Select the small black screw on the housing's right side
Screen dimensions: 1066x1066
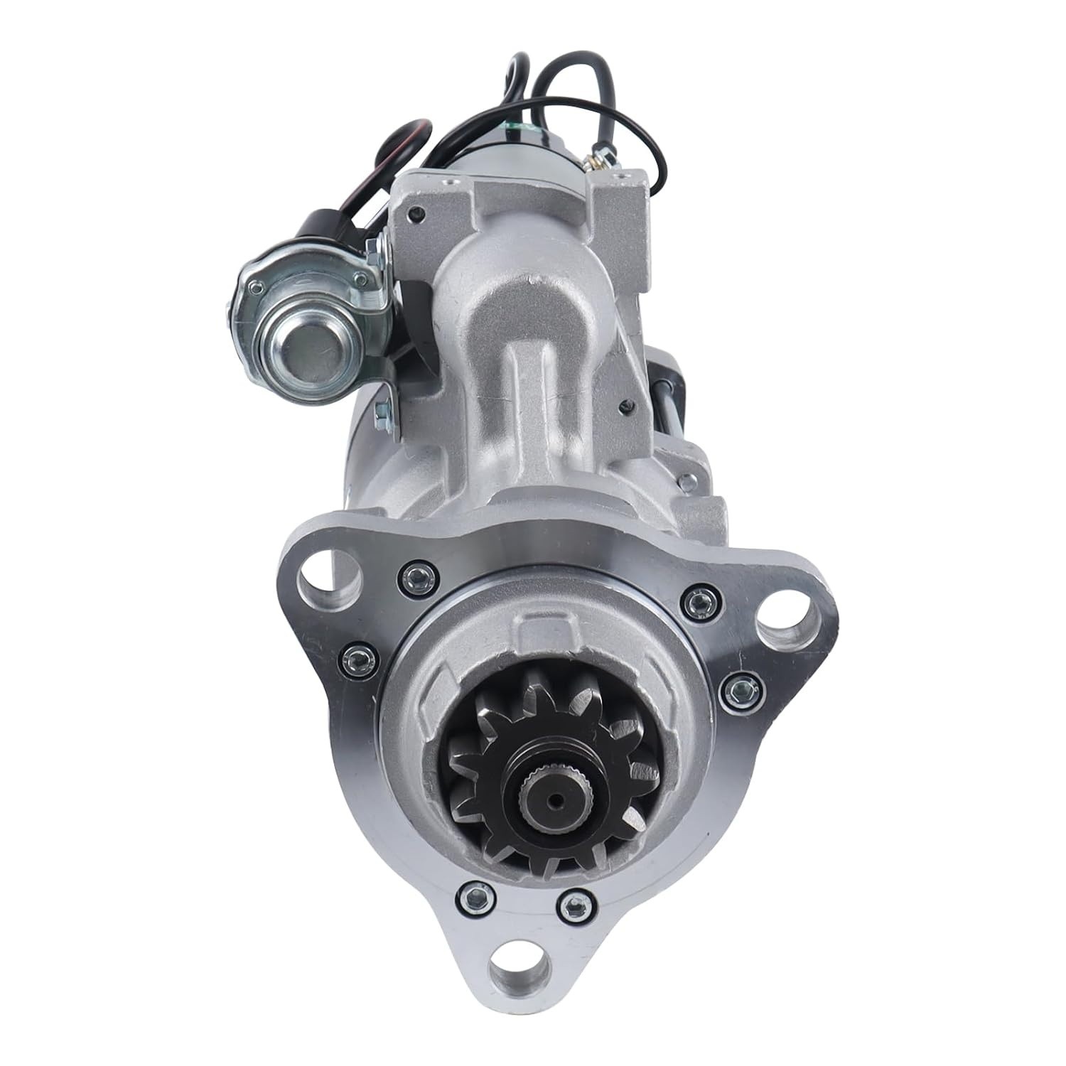pos(623,407)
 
